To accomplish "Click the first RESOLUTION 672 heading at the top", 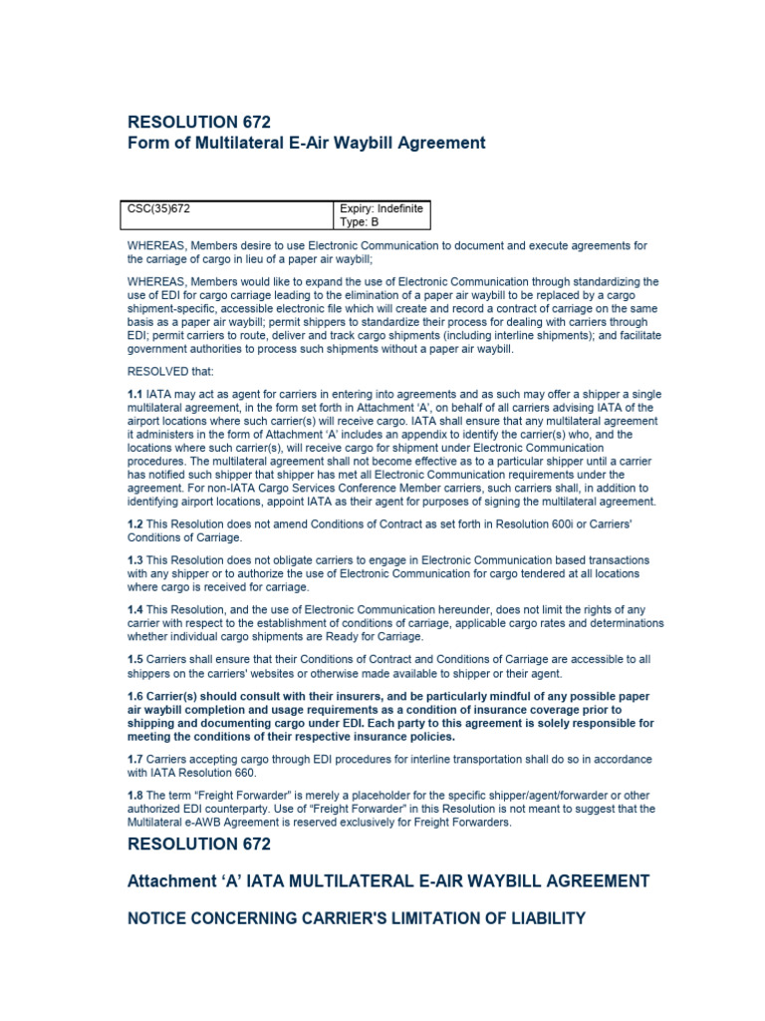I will [199, 123].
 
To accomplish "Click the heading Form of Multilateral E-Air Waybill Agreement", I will [307, 144].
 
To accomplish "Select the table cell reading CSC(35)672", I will [159, 208].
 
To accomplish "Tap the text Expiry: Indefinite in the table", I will [382, 208].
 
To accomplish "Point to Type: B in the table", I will [360, 222].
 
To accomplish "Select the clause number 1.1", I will [135, 395].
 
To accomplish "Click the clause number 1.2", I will [135, 523].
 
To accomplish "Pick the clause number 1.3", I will [135, 560].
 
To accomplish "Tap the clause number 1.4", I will [135, 610].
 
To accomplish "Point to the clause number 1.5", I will [135, 659].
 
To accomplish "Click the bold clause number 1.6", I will [136, 696].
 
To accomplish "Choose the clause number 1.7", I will [135, 759].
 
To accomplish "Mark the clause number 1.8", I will [135, 796].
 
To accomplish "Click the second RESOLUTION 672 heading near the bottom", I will [199, 845].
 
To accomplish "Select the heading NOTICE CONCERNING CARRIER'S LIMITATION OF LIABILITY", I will [357, 918].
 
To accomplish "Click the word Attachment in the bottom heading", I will [172, 881].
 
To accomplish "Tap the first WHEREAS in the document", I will [156, 245].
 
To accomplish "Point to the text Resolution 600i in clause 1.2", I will [517, 523].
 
